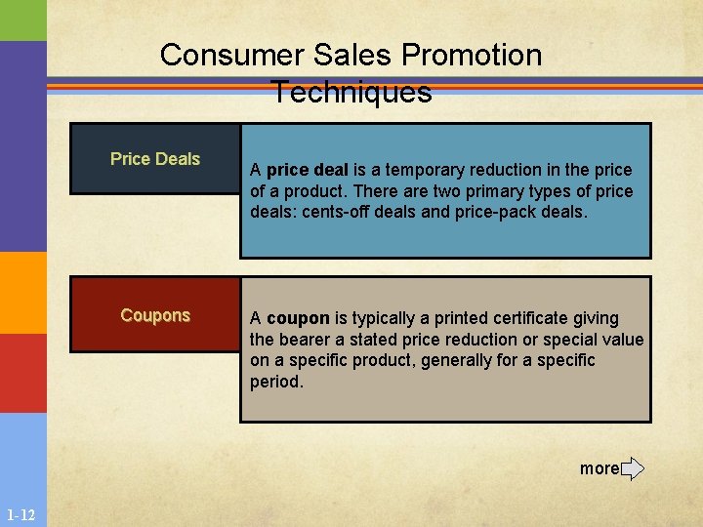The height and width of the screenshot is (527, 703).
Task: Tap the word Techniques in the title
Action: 351,92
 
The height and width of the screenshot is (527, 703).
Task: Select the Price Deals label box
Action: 155,159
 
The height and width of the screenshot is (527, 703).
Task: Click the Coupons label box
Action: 155,315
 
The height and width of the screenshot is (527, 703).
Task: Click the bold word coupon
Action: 298,318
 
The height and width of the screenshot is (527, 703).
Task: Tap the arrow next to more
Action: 633,468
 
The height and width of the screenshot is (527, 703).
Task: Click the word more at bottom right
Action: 599,468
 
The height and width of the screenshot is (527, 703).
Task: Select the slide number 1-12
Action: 21,514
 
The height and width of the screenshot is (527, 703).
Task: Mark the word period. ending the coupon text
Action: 276,382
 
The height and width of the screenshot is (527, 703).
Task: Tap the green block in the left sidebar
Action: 22,20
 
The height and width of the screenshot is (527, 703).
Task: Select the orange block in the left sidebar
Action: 22,293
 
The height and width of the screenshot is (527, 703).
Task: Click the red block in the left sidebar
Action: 22,373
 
